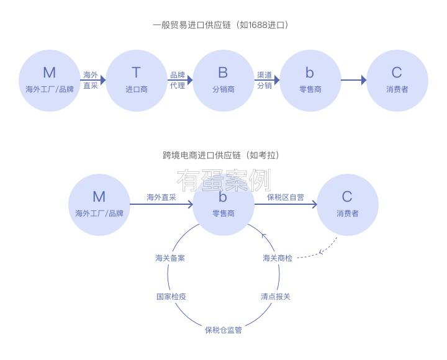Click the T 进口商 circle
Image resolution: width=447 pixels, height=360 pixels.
(136, 81)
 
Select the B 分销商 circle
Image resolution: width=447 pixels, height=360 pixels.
(223, 81)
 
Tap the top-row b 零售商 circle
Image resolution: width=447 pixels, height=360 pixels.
(310, 81)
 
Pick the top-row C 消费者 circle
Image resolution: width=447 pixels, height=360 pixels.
(397, 81)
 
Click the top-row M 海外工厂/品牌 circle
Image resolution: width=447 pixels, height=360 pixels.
(49, 81)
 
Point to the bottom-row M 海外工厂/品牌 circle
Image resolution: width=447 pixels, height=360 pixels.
(99, 205)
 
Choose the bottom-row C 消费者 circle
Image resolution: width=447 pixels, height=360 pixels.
(347, 205)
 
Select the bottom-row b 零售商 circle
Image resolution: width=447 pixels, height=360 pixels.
(223, 205)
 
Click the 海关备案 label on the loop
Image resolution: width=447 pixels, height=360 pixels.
(170, 258)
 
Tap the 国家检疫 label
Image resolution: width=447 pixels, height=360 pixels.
(171, 296)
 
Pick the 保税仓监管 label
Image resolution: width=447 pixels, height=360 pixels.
(223, 330)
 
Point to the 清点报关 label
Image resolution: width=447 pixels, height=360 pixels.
(276, 296)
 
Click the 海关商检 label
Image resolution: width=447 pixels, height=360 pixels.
(277, 258)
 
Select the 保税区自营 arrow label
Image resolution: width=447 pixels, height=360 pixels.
(286, 197)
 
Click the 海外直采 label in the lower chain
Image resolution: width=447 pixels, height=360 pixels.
(161, 197)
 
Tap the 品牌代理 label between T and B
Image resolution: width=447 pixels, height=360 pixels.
(178, 80)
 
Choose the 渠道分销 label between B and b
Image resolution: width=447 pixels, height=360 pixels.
(264, 80)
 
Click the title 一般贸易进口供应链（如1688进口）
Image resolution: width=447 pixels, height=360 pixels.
(222, 25)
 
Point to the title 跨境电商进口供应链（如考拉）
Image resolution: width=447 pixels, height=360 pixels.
(222, 155)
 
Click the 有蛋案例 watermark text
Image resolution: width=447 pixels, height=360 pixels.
(223, 180)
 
